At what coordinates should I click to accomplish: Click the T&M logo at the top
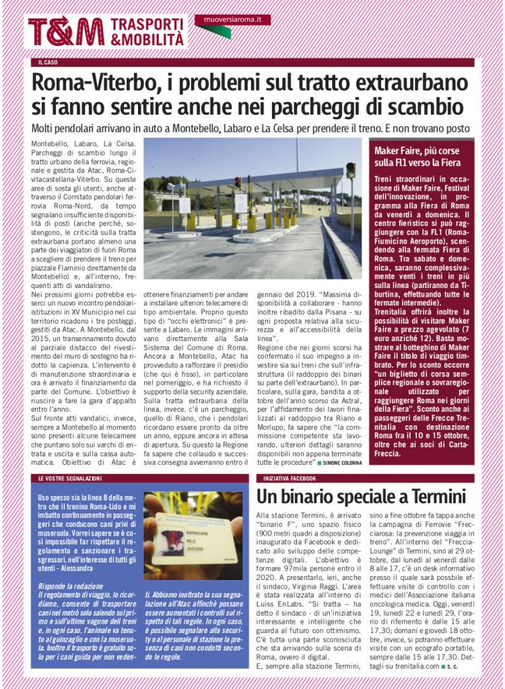click(x=65, y=32)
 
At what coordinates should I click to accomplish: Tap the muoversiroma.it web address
click(x=232, y=20)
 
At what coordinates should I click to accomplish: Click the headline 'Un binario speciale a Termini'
click(x=362, y=497)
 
